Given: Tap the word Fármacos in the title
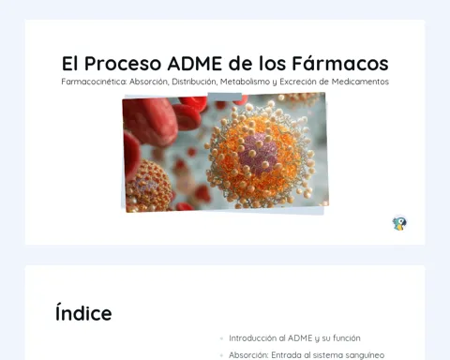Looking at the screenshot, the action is [340, 63].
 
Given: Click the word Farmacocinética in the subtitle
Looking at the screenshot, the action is [94, 82].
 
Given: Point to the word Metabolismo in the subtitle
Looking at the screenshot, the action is [245, 82].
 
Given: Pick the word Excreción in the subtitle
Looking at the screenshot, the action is [299, 82].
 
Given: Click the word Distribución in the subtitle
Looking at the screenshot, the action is [194, 82].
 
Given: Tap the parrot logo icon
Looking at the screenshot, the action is [399, 223].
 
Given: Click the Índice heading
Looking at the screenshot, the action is [83, 312].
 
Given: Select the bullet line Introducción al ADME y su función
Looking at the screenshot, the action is [294, 338].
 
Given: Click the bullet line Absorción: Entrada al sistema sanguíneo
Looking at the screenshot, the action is [307, 355].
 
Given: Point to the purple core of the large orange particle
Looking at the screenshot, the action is [258, 153].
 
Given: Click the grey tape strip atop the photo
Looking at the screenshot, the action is [225, 97].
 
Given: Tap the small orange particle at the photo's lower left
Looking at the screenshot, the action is [147, 186].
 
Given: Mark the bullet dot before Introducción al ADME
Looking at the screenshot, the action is [221, 338].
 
